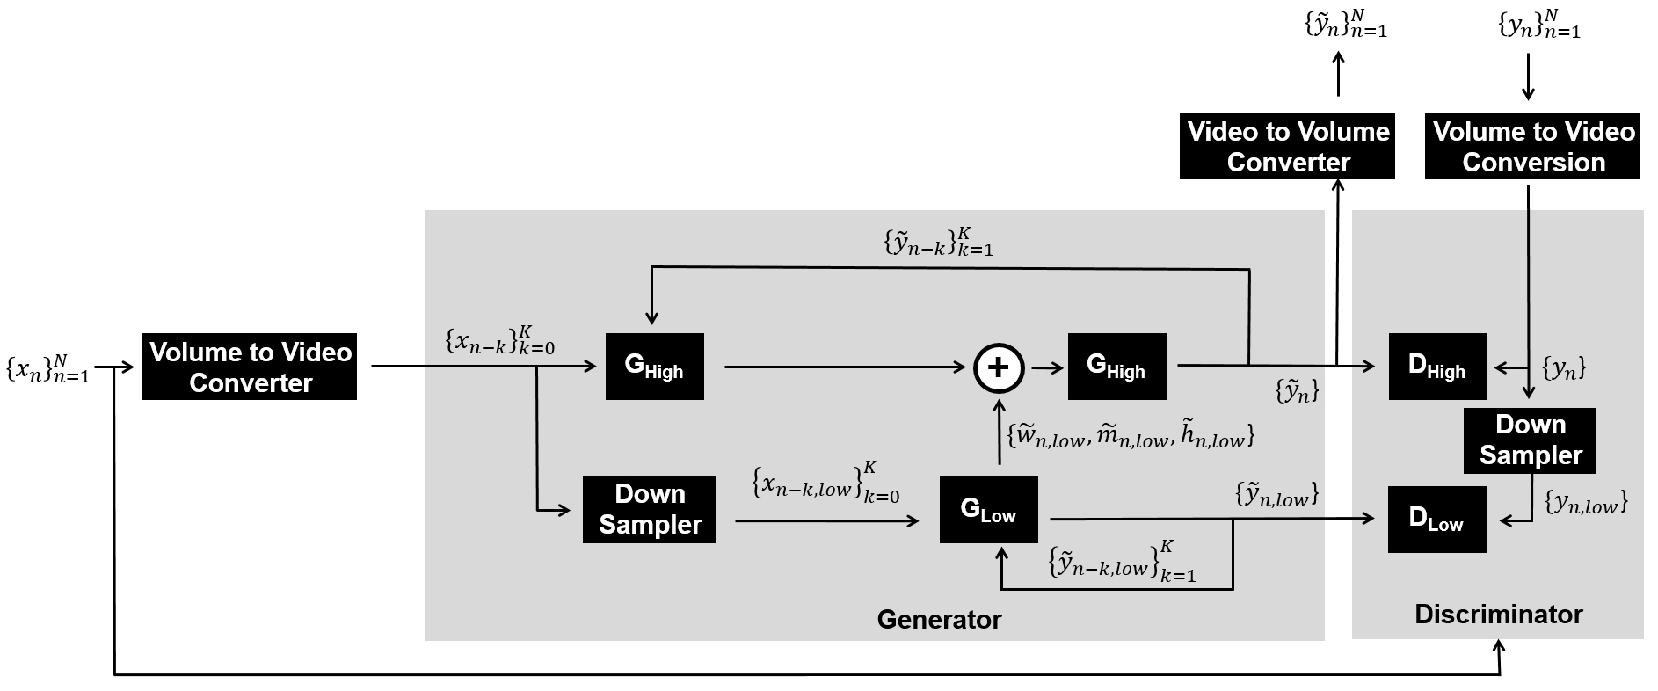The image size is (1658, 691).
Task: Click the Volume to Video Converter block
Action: pyautogui.click(x=249, y=367)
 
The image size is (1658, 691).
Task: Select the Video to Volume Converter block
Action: pyautogui.click(x=1287, y=146)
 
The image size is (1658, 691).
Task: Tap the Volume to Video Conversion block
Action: pyautogui.click(x=1532, y=146)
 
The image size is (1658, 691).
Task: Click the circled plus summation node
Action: pyautogui.click(x=999, y=367)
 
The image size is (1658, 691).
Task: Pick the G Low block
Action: pyautogui.click(x=988, y=510)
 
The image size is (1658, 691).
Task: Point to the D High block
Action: pyautogui.click(x=1437, y=367)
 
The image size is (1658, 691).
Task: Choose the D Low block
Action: pyautogui.click(x=1436, y=520)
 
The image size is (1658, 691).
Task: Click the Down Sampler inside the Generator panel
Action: pyautogui.click(x=649, y=510)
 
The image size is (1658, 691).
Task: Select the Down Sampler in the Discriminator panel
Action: pyautogui.click(x=1530, y=440)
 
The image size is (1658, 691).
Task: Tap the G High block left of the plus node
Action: pyautogui.click(x=654, y=367)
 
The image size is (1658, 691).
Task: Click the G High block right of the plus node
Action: pyautogui.click(x=1116, y=367)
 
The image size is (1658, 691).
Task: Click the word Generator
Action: pyautogui.click(x=939, y=620)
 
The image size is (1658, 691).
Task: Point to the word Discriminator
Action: pyautogui.click(x=1498, y=615)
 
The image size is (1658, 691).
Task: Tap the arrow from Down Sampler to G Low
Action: pyautogui.click(x=826, y=521)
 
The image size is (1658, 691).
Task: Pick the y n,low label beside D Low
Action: pyautogui.click(x=1586, y=503)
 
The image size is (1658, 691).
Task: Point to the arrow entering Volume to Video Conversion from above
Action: pyautogui.click(x=1528, y=77)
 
